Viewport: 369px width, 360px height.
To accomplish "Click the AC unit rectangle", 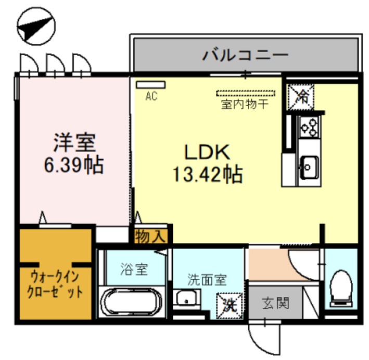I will [150, 84].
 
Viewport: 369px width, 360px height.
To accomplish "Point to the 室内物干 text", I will [245, 104].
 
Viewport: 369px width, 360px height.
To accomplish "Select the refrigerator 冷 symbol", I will [301, 96].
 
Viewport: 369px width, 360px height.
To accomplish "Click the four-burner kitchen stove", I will [308, 127].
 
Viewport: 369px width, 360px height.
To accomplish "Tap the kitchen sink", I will [308, 166].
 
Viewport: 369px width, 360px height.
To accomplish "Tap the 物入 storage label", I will [150, 236].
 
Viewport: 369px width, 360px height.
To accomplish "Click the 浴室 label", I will [134, 269].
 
